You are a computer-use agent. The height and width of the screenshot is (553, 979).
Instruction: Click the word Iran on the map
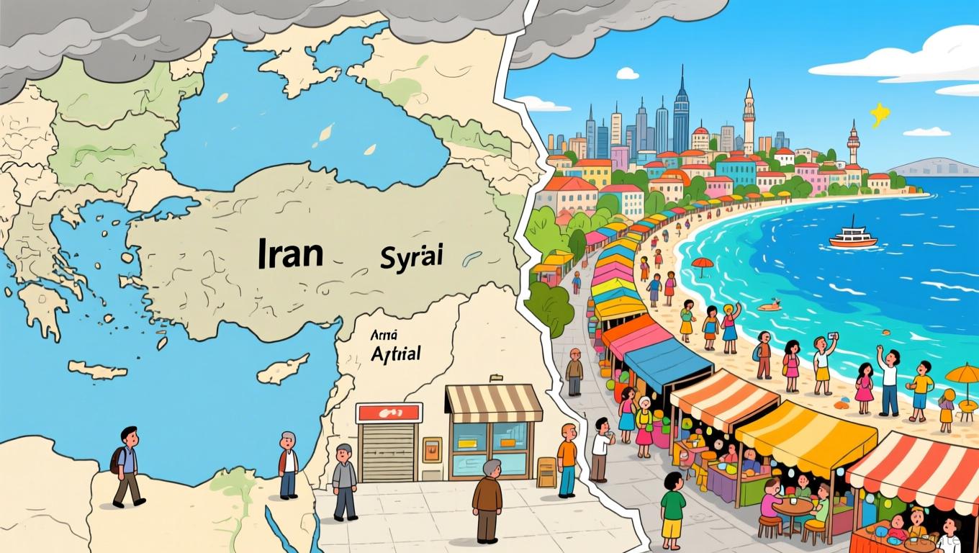point(290,255)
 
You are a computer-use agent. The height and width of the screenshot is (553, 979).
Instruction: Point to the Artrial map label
point(395,353)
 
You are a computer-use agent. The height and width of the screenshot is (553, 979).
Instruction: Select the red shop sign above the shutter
point(389,413)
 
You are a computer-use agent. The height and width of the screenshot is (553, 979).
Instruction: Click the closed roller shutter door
point(388,451)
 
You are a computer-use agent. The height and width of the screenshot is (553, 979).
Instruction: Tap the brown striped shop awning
point(494,403)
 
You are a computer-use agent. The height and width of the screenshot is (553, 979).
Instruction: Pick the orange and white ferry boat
point(852,237)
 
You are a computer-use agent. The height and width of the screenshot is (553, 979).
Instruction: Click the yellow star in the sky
point(880,113)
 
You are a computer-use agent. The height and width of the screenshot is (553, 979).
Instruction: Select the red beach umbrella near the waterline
point(702,263)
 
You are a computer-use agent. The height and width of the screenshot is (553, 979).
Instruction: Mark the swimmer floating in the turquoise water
point(770,306)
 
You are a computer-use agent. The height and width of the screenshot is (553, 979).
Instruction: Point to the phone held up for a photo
point(833,337)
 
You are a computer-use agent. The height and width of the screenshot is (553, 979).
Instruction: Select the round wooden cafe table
point(793,505)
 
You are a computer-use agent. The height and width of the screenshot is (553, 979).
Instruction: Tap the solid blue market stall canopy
point(668,364)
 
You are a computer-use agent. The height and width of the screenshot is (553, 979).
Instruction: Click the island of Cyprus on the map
point(282,370)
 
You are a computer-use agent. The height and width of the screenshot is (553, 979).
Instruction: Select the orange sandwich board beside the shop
point(546,472)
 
